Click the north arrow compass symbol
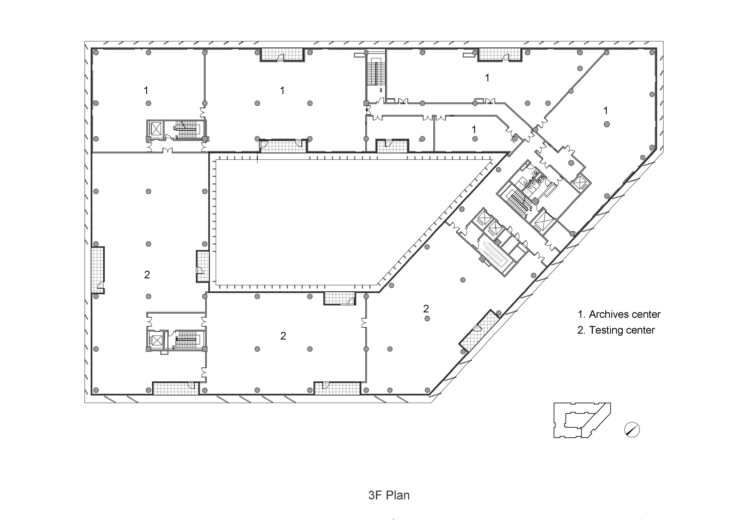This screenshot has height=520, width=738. [x=632, y=430]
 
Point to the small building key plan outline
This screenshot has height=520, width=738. [x=581, y=420]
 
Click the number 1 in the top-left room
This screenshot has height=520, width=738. [x=146, y=91]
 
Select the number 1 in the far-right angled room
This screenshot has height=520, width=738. [x=606, y=111]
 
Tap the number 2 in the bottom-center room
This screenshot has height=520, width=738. [x=283, y=336]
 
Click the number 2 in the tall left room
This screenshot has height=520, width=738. [x=147, y=275]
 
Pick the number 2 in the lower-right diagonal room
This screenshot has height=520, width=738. [x=426, y=309]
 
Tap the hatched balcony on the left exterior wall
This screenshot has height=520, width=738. [x=97, y=270]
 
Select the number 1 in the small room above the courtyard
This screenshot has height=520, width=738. [x=474, y=130]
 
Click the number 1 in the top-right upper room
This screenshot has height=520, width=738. [x=487, y=78]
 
